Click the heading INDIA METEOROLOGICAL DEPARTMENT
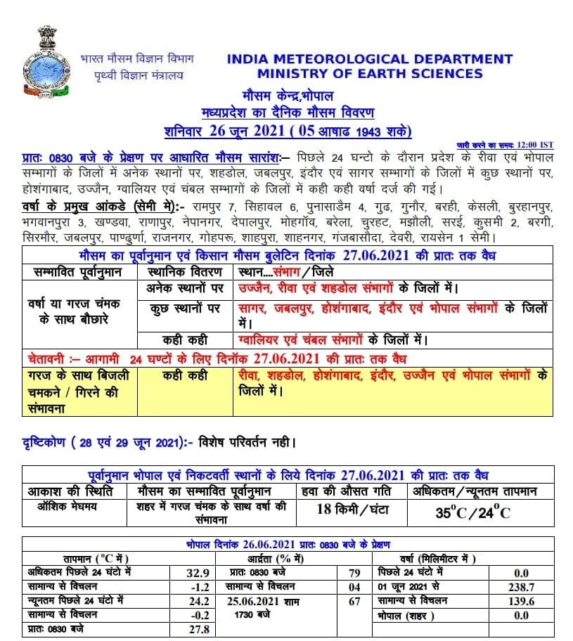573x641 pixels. click(370, 60)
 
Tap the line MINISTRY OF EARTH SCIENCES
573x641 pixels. click(370, 74)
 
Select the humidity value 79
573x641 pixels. click(354, 572)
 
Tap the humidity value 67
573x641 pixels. click(354, 601)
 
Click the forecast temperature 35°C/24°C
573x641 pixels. click(473, 512)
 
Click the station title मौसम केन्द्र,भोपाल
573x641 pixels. click(287, 96)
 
